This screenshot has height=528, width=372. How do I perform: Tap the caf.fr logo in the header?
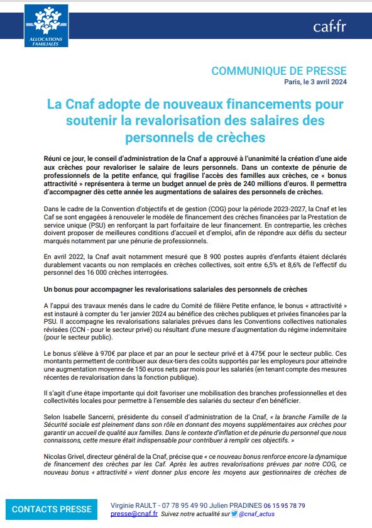coord(329,26)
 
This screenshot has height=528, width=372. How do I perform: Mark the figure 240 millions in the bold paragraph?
coord(234,177)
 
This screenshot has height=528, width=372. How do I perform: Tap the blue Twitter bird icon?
coord(234,514)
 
